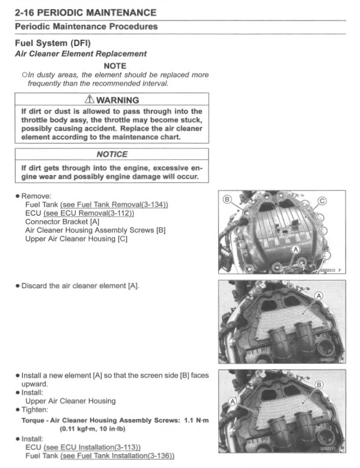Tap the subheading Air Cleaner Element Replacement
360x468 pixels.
pyautogui.click(x=80, y=54)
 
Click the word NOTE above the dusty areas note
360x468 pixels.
pyautogui.click(x=115, y=65)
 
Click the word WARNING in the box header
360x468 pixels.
pyautogui.click(x=119, y=100)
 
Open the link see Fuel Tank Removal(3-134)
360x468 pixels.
pyautogui.click(x=114, y=205)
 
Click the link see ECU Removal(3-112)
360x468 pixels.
pyautogui.click(x=89, y=213)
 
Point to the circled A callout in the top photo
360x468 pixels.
pyautogui.click(x=295, y=249)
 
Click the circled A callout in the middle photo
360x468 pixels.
pyautogui.click(x=318, y=295)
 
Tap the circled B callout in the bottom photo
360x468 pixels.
pyautogui.click(x=319, y=385)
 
